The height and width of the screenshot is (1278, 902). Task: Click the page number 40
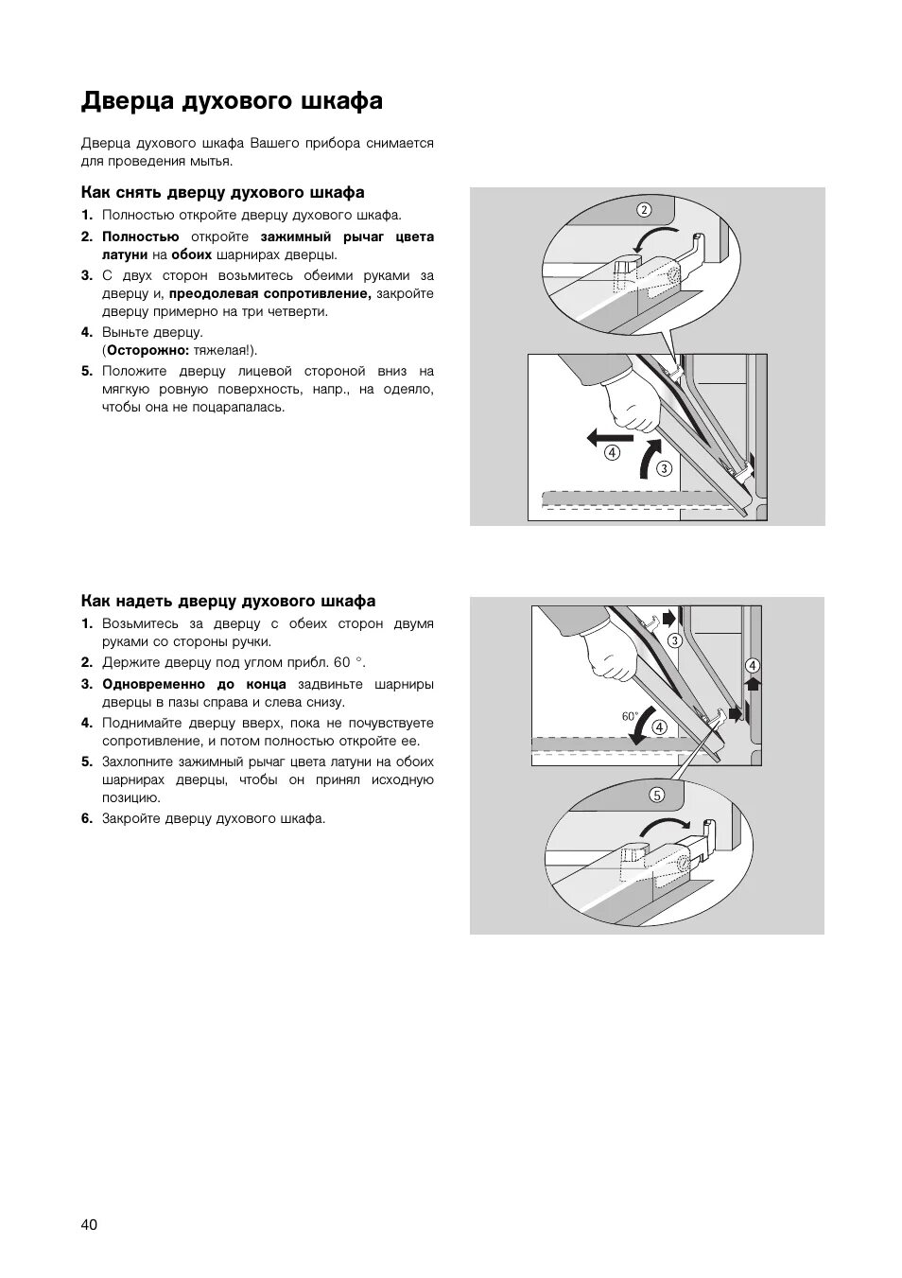coord(89,1224)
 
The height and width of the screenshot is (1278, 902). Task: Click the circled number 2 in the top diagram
coord(643,209)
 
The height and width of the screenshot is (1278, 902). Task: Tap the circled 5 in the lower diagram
coord(656,795)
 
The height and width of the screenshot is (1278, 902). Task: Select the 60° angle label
coord(630,716)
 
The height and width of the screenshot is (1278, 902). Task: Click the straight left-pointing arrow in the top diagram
coord(601,436)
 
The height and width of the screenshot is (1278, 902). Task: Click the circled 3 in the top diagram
coord(664,467)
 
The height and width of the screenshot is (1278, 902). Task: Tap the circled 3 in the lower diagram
coord(674,640)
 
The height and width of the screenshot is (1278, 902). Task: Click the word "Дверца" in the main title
coord(116,101)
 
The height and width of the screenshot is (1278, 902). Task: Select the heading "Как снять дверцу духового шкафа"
coord(222,193)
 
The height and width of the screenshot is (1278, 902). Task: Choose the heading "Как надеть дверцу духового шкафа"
coord(228,602)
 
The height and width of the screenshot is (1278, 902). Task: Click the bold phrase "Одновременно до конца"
coord(194,684)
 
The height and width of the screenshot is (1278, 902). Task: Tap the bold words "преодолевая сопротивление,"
coord(269,293)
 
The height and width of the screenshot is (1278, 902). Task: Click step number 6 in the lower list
coord(87,818)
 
